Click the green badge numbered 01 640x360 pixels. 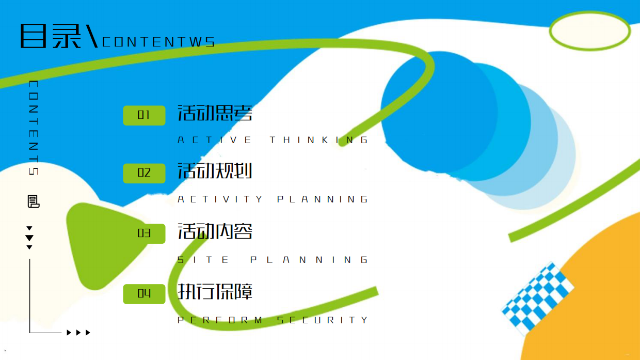(x=145, y=116)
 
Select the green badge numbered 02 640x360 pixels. (x=145, y=173)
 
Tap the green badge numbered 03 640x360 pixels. (x=145, y=233)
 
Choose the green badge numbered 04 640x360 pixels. (x=145, y=294)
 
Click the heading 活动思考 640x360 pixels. (x=215, y=113)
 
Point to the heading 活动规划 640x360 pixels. (x=215, y=171)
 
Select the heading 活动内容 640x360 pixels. (x=215, y=231)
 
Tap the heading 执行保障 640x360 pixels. (x=215, y=291)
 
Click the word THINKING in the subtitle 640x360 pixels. (x=319, y=140)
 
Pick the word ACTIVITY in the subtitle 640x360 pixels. (x=220, y=199)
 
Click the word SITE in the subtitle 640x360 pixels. (x=203, y=260)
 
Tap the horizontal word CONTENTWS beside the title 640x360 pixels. (x=158, y=42)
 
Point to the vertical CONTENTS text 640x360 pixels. (x=34, y=128)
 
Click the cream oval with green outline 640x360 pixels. (x=590, y=31)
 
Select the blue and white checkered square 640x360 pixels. (x=538, y=298)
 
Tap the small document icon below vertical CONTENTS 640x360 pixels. (x=34, y=201)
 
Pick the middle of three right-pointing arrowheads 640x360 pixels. (x=78, y=333)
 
